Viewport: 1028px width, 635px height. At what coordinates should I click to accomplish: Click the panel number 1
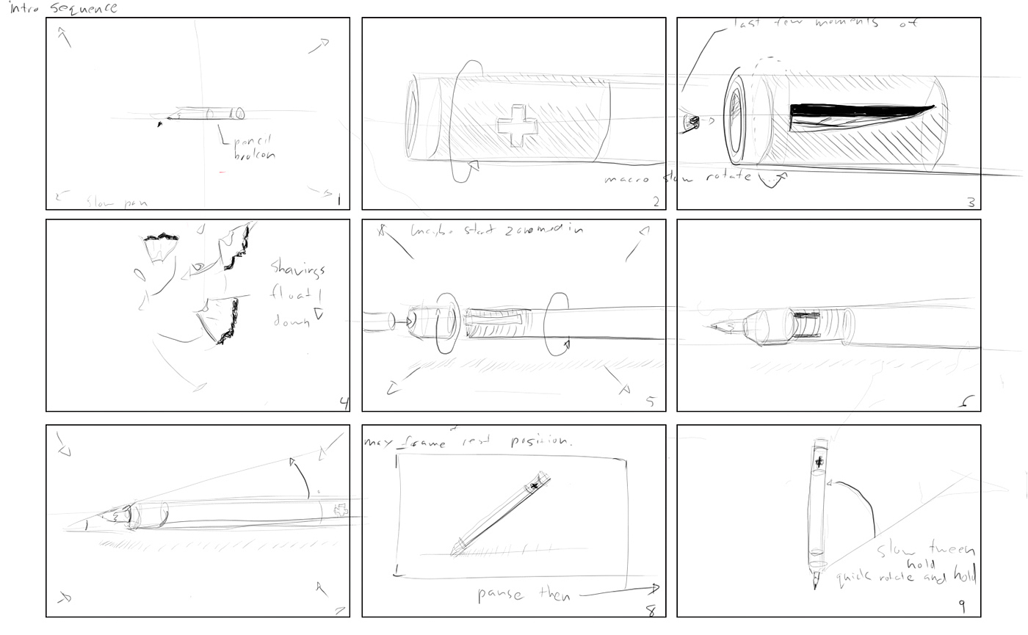[x=339, y=200]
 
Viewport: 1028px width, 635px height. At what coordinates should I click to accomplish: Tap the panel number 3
[x=971, y=202]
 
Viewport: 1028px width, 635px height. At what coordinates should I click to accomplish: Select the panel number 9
[x=961, y=606]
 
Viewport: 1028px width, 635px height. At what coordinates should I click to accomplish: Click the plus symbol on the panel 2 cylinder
[x=517, y=126]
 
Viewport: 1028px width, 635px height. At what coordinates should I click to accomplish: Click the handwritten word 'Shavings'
[x=297, y=268]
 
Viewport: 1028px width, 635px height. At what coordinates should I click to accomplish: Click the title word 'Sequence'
[x=84, y=9]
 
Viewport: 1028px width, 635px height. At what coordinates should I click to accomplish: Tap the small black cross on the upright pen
[x=820, y=462]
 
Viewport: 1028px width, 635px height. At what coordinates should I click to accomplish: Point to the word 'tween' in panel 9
[x=952, y=550]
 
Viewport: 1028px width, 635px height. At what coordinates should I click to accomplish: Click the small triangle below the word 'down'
[x=318, y=314]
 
